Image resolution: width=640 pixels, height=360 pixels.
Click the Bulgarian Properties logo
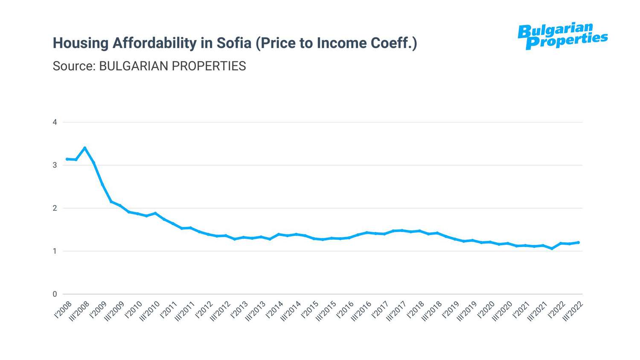562,36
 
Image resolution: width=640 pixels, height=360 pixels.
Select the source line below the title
149,66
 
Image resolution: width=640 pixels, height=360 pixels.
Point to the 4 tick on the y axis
55,122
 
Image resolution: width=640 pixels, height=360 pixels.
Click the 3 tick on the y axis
55,165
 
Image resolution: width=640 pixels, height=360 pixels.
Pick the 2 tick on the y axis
55,208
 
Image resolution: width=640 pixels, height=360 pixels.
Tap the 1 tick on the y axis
55,251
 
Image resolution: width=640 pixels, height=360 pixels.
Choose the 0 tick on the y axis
55,294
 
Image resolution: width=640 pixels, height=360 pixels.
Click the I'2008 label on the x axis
63,310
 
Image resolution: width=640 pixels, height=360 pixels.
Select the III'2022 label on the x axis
573,312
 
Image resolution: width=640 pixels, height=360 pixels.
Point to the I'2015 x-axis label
310,310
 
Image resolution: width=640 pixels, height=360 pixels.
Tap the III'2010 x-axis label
149,312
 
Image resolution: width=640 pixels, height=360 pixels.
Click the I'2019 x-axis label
451,310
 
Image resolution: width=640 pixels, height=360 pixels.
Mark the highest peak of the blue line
85,148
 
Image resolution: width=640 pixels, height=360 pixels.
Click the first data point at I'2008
67,159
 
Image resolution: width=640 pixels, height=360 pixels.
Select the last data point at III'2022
579,242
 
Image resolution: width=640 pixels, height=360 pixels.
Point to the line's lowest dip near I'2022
552,248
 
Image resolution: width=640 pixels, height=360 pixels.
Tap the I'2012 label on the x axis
204,310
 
